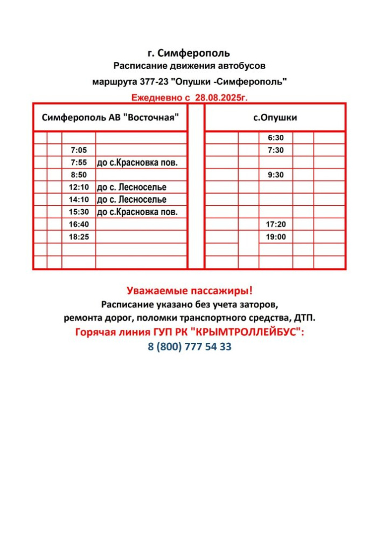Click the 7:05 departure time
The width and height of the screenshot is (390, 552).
pos(78,150)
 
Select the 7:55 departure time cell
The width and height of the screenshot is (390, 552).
pos(78,163)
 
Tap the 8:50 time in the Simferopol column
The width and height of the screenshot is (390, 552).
pos(78,175)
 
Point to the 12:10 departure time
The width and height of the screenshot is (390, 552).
pos(78,188)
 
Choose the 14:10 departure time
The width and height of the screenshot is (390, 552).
pos(78,200)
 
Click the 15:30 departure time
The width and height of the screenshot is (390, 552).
pos(78,212)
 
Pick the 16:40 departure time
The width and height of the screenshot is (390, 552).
pos(78,225)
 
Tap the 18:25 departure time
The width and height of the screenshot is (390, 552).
pos(78,237)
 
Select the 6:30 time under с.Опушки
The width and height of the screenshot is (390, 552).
pos(275,138)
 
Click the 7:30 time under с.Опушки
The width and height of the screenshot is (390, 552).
pos(275,150)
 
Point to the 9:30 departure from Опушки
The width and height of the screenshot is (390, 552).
pos(275,175)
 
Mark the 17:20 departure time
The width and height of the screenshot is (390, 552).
pos(275,225)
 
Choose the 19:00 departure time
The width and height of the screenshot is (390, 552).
pos(275,237)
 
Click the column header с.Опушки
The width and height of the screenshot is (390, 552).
pos(275,118)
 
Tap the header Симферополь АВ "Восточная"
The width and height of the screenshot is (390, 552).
pos(110,118)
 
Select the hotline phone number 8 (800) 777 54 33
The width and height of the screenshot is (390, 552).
pos(190,347)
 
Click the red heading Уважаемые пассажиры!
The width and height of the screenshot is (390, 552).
pos(190,291)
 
